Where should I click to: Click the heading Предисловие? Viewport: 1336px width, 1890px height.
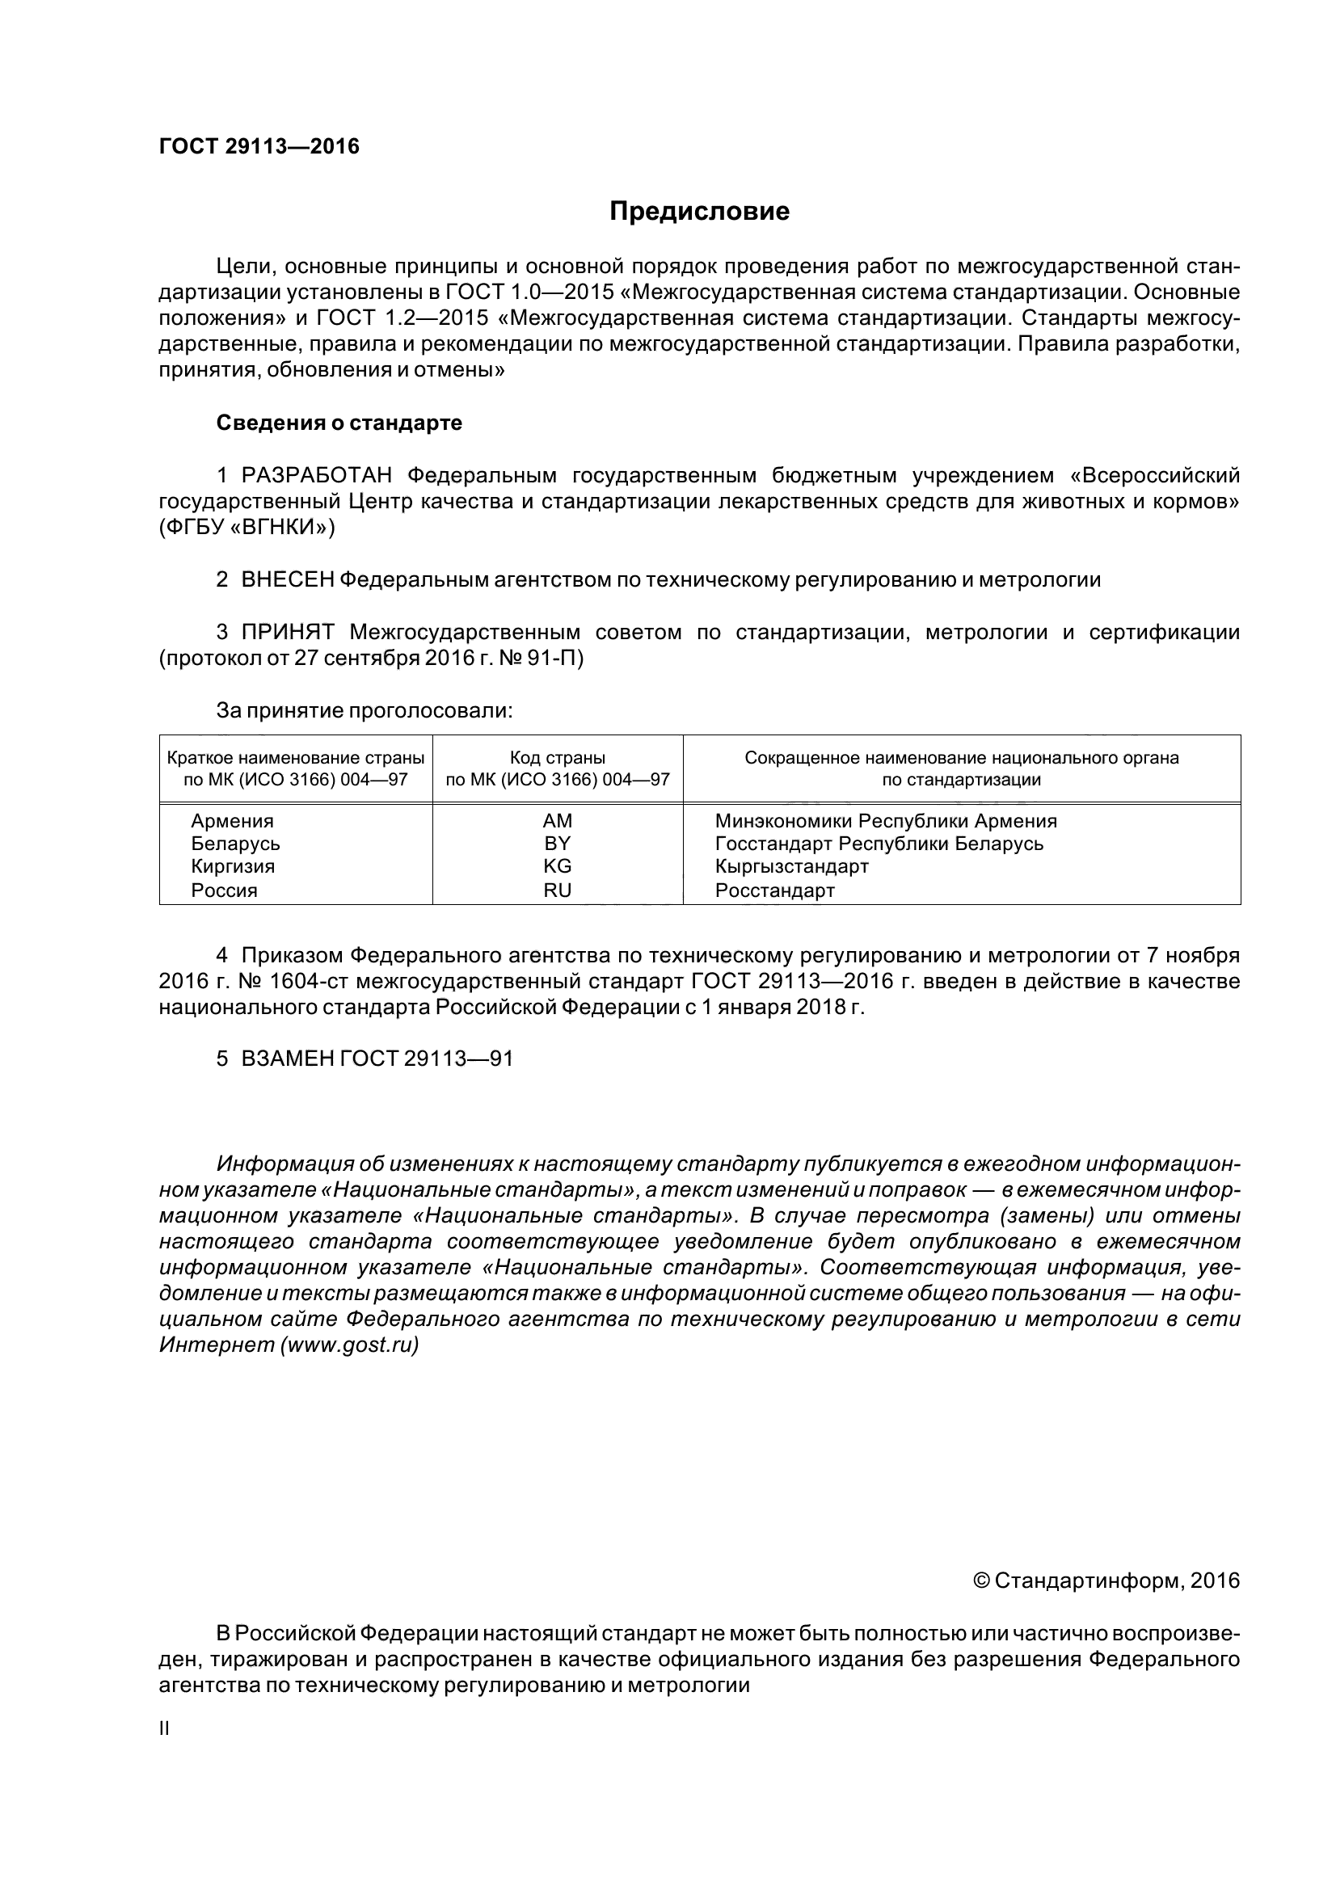pyautogui.click(x=699, y=212)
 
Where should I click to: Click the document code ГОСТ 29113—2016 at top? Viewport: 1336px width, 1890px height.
pyautogui.click(x=259, y=146)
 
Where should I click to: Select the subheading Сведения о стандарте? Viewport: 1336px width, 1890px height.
pyautogui.click(x=339, y=423)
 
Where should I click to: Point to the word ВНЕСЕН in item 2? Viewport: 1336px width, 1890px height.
pyautogui.click(x=287, y=580)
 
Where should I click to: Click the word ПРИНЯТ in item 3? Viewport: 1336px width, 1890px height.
pyautogui.click(x=287, y=632)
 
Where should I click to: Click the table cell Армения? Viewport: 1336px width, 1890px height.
pyautogui.click(x=232, y=821)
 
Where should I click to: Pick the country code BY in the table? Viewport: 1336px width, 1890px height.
pyautogui.click(x=558, y=844)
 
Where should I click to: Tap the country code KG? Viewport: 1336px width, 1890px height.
pyautogui.click(x=558, y=866)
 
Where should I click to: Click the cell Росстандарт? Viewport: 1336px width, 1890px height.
pyautogui.click(x=774, y=890)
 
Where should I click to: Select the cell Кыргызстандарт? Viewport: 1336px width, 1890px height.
pyautogui.click(x=792, y=866)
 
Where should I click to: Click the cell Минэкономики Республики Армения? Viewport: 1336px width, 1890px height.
pyautogui.click(x=886, y=821)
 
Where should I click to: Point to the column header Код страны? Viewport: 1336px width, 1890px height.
pyautogui.click(x=558, y=757)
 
